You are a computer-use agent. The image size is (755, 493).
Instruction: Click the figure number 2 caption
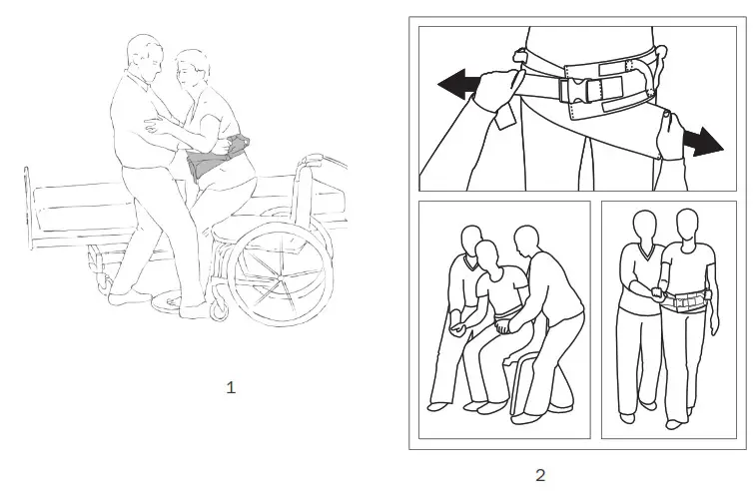540,475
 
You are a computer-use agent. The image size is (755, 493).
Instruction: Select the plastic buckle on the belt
578,89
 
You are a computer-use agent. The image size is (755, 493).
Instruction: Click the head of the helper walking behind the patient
642,227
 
